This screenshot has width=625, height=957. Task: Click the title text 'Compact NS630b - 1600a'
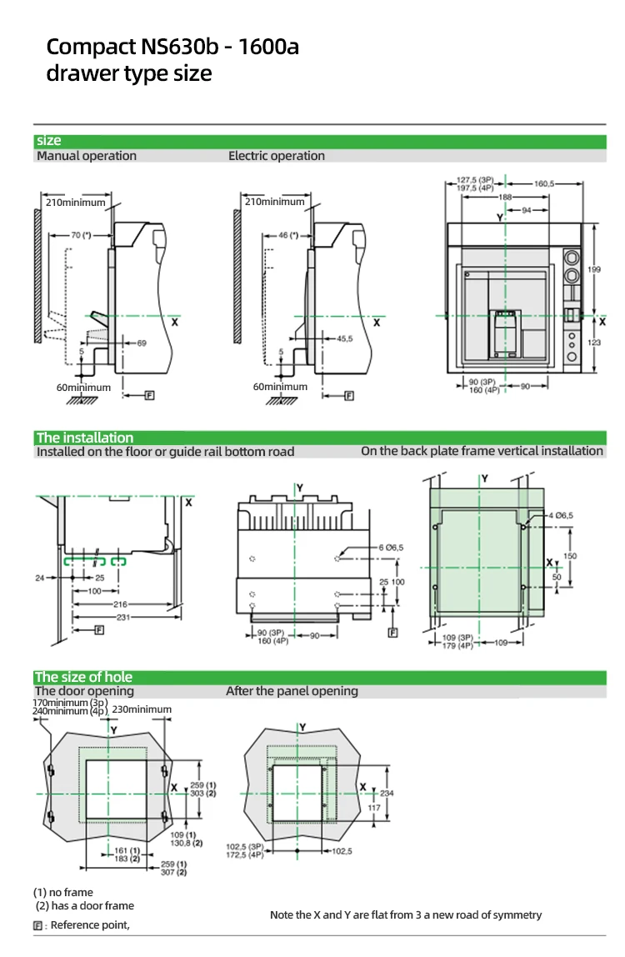[x=172, y=47]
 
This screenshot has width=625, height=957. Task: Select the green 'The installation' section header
[x=84, y=438]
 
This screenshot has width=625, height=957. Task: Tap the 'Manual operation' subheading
[x=87, y=156]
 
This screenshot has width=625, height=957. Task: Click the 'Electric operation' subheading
[x=277, y=156]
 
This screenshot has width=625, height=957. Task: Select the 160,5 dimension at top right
[x=544, y=182]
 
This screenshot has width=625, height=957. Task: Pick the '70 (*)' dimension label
[x=80, y=236]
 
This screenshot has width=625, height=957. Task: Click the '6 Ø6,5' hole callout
[x=391, y=547]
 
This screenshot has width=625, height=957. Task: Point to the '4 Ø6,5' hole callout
[x=562, y=515]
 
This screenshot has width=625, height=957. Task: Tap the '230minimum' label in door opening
[x=142, y=709]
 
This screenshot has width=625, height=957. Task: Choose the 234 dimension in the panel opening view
[x=387, y=794]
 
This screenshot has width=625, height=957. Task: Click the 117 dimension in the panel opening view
[x=375, y=807]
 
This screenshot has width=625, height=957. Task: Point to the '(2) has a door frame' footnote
[x=83, y=905]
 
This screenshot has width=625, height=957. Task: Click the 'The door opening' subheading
[x=83, y=691]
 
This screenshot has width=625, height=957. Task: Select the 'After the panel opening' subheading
[x=292, y=691]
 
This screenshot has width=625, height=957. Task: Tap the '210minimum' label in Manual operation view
[x=75, y=203]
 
